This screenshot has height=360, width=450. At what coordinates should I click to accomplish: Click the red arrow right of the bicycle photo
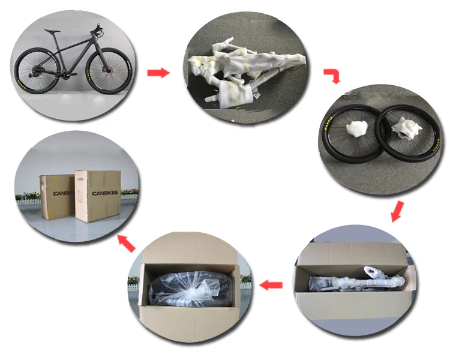click(158, 73)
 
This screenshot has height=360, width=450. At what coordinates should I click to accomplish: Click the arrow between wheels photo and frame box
click(397, 212)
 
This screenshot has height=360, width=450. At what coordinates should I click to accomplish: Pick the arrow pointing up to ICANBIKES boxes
click(126, 243)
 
